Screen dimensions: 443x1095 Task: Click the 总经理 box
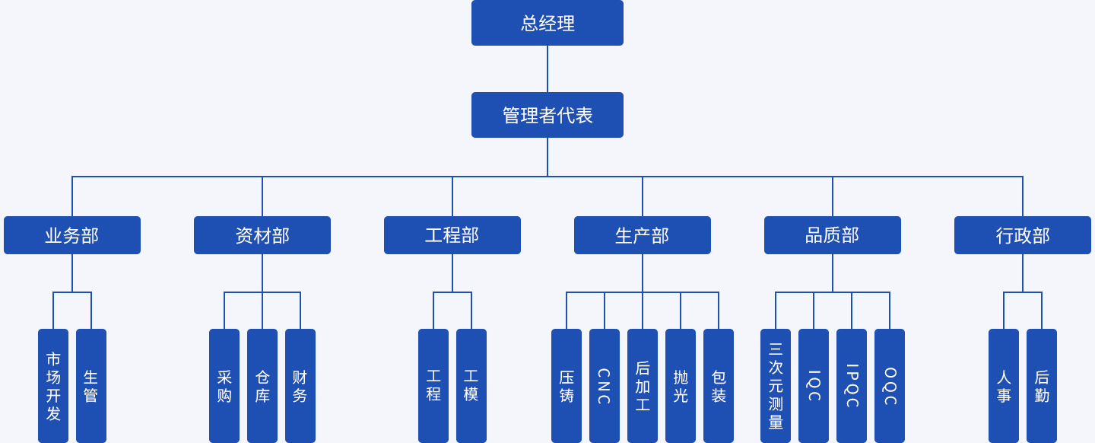click(x=547, y=23)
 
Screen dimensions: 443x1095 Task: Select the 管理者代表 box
click(x=547, y=115)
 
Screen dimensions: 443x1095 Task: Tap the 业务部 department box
click(x=72, y=235)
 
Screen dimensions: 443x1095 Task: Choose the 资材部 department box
click(x=262, y=235)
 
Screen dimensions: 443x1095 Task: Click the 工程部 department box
click(x=452, y=235)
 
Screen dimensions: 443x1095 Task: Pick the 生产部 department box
click(x=643, y=235)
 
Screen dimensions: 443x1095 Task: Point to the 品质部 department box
click(x=833, y=235)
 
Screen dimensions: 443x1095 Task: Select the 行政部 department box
click(x=1023, y=235)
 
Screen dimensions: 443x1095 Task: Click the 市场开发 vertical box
click(x=53, y=386)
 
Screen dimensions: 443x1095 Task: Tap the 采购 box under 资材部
click(x=224, y=386)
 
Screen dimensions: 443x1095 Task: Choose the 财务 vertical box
click(x=300, y=386)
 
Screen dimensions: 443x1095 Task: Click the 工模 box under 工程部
click(x=471, y=386)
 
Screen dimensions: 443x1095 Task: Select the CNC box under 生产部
click(x=605, y=386)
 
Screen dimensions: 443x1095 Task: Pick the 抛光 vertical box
click(x=681, y=386)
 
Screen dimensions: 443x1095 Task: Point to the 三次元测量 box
click(x=776, y=386)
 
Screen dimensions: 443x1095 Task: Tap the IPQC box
click(x=852, y=386)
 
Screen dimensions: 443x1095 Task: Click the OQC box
click(x=890, y=386)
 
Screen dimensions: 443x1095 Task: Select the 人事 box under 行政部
click(x=1004, y=386)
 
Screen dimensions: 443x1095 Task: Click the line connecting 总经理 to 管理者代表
click(x=547, y=69)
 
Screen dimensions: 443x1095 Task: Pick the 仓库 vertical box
click(x=262, y=386)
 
